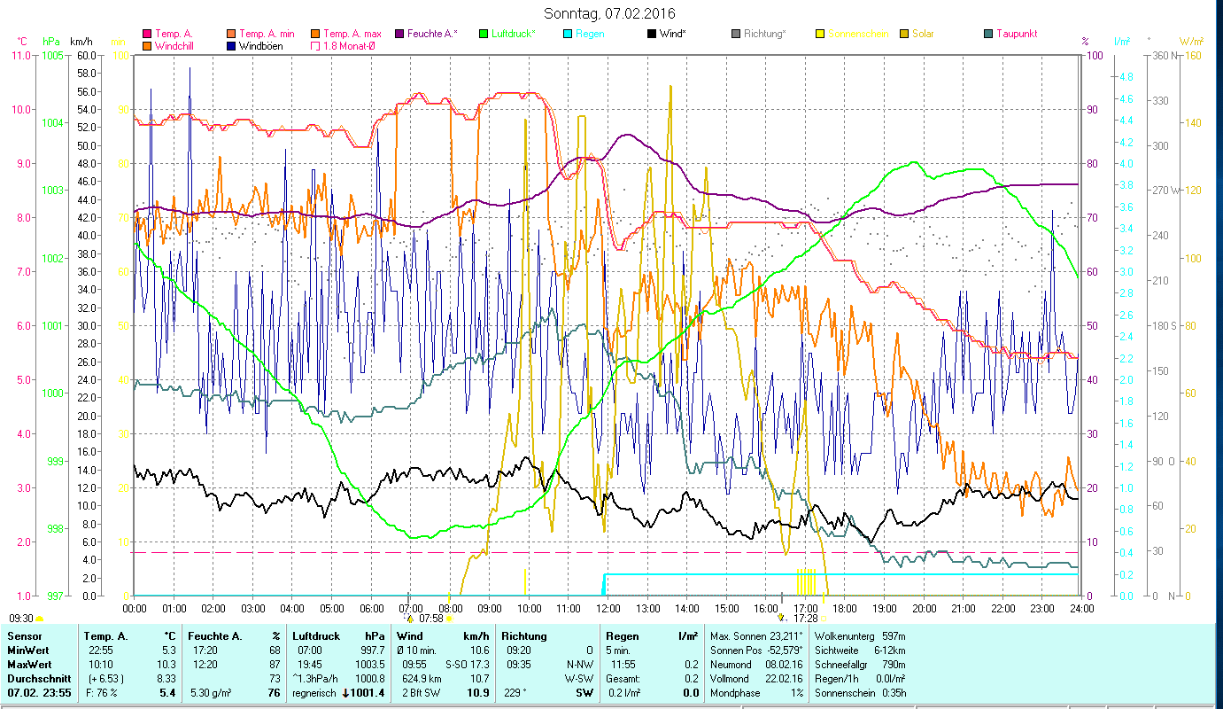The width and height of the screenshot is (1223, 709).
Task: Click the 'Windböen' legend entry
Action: [x=260, y=45]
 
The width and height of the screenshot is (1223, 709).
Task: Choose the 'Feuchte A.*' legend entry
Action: [x=432, y=34]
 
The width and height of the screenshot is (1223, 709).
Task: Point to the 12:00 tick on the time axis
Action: [x=608, y=609]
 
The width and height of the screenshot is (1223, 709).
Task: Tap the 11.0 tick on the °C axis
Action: [x=19, y=55]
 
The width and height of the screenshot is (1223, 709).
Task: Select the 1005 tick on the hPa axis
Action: [x=52, y=55]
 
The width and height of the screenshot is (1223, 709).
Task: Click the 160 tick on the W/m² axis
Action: [x=1192, y=55]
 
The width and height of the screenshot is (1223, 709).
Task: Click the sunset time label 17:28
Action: [x=804, y=618]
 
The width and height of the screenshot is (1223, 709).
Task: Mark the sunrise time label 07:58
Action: [x=430, y=618]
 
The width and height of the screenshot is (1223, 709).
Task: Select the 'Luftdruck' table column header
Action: [x=316, y=636]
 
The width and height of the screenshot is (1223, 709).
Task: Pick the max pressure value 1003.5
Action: [x=369, y=664]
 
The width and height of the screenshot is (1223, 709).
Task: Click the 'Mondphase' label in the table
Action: [x=735, y=692]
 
